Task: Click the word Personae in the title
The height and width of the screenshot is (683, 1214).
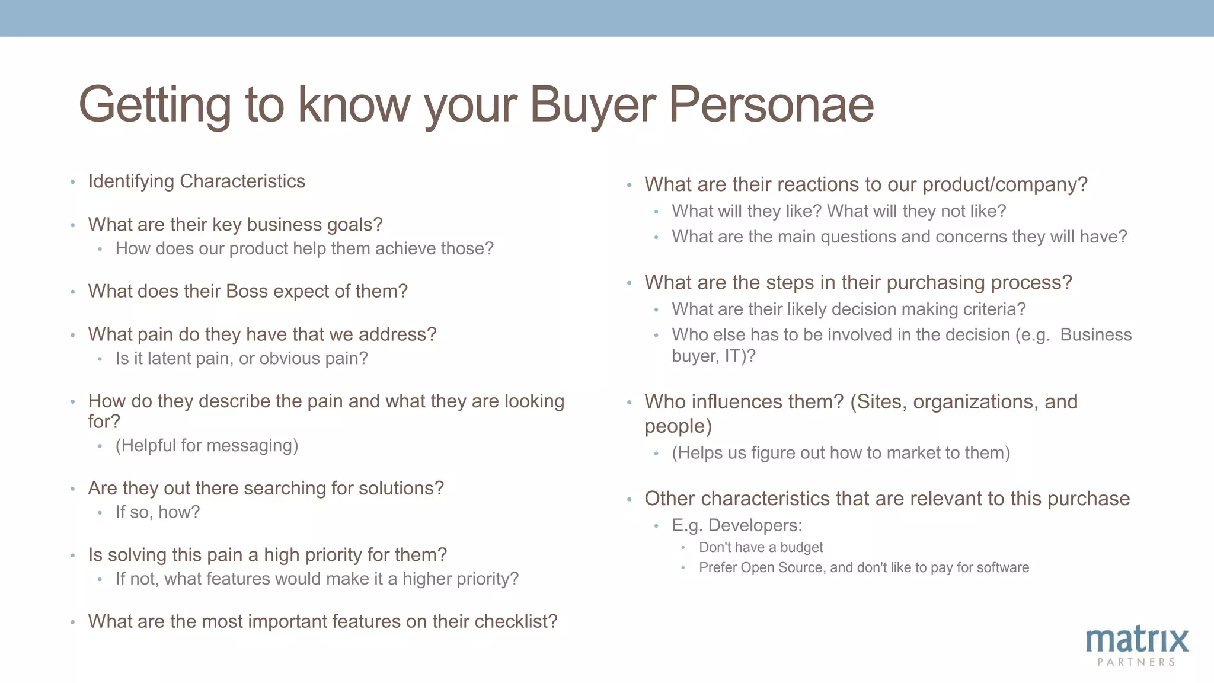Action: pos(771,104)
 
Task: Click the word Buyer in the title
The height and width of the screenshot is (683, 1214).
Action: pos(592,106)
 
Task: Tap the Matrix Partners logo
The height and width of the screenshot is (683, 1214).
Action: pos(1137,646)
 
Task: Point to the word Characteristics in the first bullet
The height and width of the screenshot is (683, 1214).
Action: pos(242,181)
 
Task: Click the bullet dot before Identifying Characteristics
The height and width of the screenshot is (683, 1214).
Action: pos(72,182)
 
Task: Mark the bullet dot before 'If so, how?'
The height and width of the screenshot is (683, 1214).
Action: pos(100,513)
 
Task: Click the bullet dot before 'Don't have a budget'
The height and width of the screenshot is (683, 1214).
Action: pos(683,548)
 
